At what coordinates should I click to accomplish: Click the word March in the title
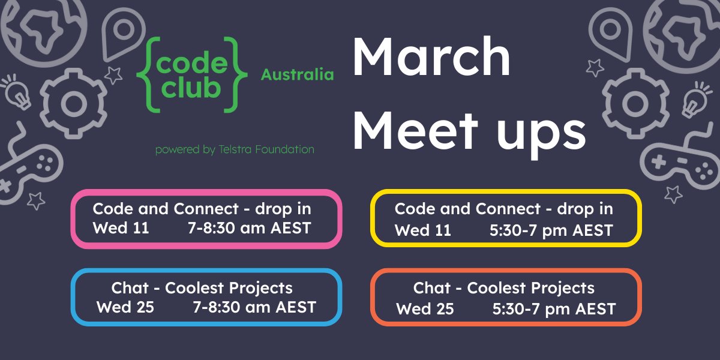point(431,58)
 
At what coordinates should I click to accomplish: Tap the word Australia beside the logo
point(297,75)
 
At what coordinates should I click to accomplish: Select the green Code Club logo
point(191,74)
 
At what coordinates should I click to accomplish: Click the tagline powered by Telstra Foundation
point(235,149)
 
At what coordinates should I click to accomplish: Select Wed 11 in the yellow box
point(422,230)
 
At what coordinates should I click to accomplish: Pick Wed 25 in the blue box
point(125,307)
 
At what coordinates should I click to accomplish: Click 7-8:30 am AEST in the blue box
point(254,307)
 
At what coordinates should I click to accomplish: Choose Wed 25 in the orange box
point(425,308)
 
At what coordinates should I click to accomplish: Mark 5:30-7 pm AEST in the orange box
point(554,308)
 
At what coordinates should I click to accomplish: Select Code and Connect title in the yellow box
point(504,209)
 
